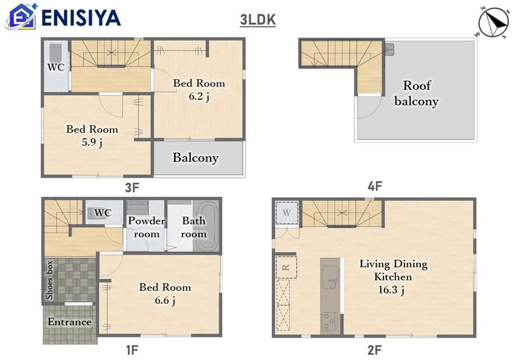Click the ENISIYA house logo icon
[21, 16]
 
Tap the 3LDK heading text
[258, 20]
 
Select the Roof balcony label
[417, 93]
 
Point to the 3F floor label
[132, 188]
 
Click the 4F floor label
[375, 186]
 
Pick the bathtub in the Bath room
[206, 226]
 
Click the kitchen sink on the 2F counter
[331, 277]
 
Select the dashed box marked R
[286, 267]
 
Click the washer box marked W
[287, 213]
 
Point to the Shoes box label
[49, 280]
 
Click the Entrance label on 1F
[70, 322]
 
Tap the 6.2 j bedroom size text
[199, 97]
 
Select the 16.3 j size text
[392, 290]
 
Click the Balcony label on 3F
[196, 158]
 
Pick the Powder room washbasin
[138, 208]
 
